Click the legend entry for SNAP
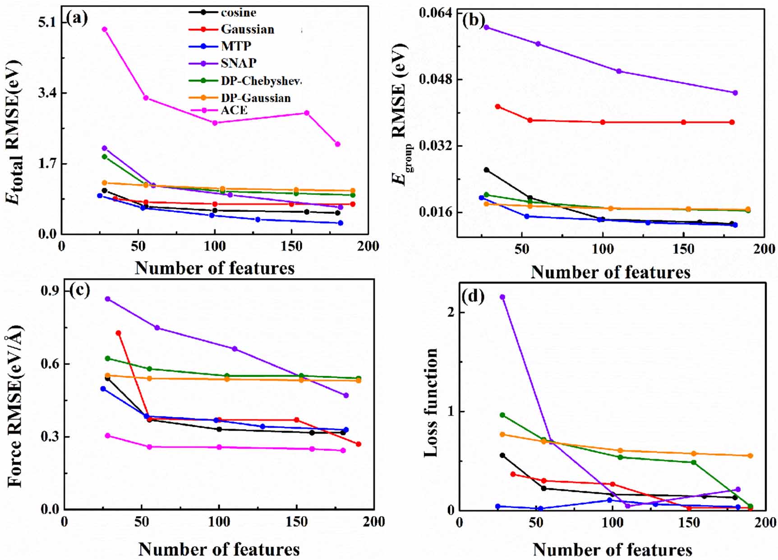click(x=239, y=63)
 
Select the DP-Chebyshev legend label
click(x=261, y=81)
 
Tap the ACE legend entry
click(x=234, y=110)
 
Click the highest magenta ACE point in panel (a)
click(x=105, y=29)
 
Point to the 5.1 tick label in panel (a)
click(x=47, y=22)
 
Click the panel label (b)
click(x=474, y=21)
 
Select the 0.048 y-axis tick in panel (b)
click(x=435, y=79)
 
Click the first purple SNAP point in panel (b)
click(x=486, y=27)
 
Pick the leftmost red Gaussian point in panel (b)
click(x=497, y=107)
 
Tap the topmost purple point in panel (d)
click(x=502, y=297)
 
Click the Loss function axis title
click(x=431, y=402)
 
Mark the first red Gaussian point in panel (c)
click(x=118, y=333)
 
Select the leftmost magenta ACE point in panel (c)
click(x=107, y=436)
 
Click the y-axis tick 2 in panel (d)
click(x=450, y=312)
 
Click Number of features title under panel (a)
click(x=215, y=268)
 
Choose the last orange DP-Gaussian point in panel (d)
click(x=750, y=456)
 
